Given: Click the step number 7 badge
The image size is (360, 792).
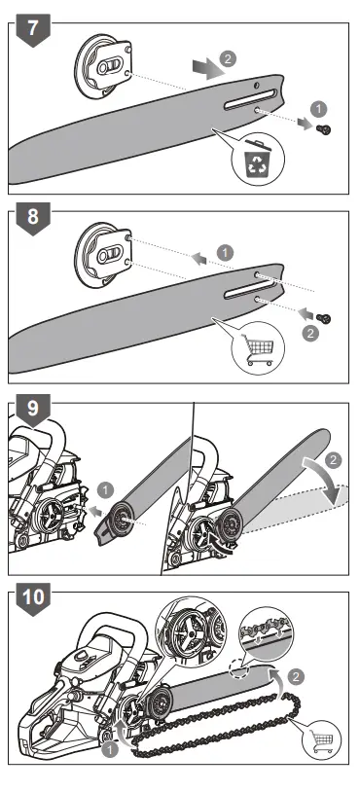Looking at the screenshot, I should pos(33,26).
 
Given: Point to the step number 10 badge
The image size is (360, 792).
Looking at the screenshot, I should pos(34,606).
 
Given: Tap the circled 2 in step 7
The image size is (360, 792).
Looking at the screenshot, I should pos(227,58).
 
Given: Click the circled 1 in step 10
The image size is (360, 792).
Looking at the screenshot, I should pos(110,750).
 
